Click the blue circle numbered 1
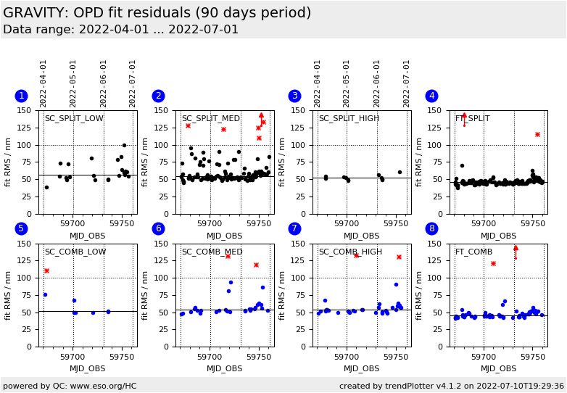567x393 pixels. (x=21, y=96)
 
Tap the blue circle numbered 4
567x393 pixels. (x=432, y=96)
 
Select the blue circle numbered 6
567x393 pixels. (x=158, y=228)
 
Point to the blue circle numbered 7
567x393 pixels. (x=295, y=228)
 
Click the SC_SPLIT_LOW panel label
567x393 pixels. (x=74, y=118)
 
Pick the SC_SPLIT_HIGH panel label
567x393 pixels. (x=349, y=118)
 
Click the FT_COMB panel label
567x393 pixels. (x=473, y=252)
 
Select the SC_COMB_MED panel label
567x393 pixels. (x=211, y=252)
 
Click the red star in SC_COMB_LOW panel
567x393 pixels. (x=46, y=271)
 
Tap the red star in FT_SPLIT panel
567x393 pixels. (x=537, y=134)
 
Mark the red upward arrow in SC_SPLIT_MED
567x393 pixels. (x=261, y=115)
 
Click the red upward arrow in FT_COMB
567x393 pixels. (x=516, y=248)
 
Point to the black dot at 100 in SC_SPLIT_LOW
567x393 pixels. (x=124, y=145)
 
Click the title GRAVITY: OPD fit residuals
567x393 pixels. (x=157, y=13)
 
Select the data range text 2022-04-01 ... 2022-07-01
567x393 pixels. (x=120, y=30)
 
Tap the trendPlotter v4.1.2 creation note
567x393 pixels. (x=451, y=386)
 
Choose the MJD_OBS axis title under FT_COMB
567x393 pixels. (x=499, y=368)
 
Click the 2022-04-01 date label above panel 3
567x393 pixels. (x=318, y=83)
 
